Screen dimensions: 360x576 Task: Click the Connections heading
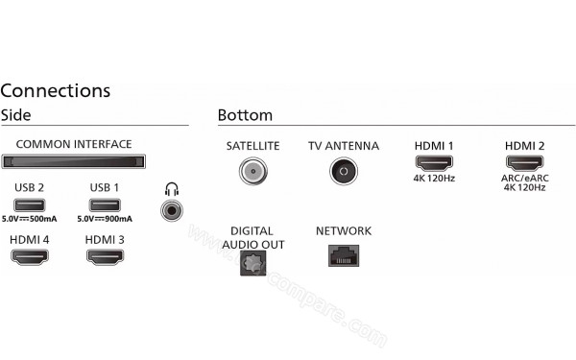(x=55, y=91)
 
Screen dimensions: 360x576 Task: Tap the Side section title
(x=16, y=114)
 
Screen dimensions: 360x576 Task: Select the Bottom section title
(x=245, y=114)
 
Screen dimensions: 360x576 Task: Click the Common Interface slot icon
(x=74, y=161)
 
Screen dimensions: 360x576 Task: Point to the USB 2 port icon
(x=29, y=204)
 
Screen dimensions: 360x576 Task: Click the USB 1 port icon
(x=104, y=204)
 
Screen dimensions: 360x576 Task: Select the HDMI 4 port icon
(x=29, y=256)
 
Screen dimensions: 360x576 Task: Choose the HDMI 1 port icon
(x=433, y=164)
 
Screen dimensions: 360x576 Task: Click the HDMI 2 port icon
(x=525, y=164)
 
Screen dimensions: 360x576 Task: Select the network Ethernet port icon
(x=343, y=254)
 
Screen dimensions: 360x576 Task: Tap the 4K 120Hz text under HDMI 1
(x=433, y=179)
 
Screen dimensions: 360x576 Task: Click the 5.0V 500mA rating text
(x=29, y=220)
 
